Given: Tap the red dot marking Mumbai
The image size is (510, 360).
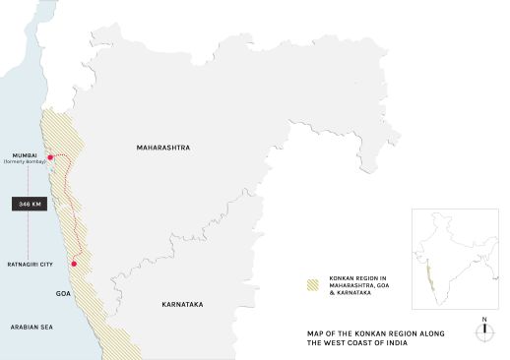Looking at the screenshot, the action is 50,158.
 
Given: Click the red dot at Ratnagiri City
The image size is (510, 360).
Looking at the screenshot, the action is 73,264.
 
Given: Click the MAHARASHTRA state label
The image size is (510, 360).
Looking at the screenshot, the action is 161,148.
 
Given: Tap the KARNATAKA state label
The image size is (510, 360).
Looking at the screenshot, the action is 182,305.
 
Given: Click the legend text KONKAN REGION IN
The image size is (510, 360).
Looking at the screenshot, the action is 357,277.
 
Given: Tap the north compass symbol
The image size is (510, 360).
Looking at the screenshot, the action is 484,332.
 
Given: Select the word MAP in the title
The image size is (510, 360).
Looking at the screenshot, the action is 318,333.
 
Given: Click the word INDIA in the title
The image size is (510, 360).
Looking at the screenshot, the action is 423,342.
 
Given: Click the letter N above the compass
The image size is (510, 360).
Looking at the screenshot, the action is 484,319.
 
